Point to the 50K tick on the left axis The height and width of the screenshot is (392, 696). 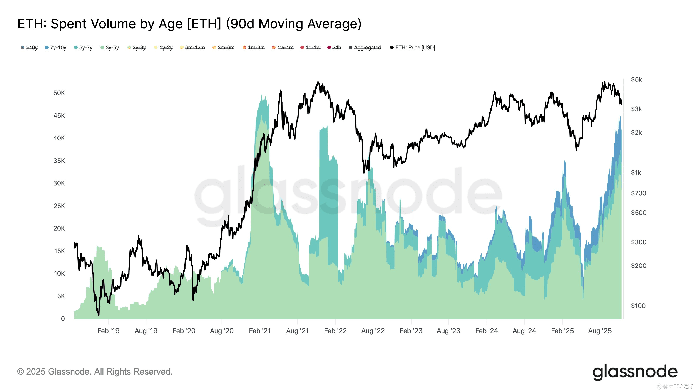coord(59,93)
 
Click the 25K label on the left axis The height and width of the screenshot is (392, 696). coord(59,206)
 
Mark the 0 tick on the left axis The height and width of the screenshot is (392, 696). coord(63,319)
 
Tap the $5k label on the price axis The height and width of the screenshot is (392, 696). coord(636,79)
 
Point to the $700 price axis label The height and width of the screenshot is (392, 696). coord(638,193)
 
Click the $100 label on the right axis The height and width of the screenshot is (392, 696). coord(638,306)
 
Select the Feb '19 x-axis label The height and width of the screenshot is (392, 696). coord(108,331)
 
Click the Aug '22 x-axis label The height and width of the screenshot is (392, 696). coord(373,331)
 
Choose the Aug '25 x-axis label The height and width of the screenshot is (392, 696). coord(600,331)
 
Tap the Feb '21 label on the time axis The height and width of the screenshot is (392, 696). coord(260,331)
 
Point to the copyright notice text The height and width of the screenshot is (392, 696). coord(95,372)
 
